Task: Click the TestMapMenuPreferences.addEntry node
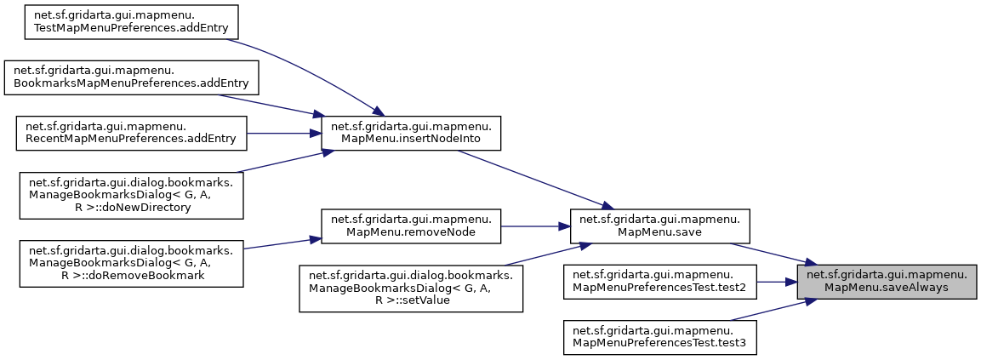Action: [120, 21]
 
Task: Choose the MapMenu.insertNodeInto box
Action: [409, 132]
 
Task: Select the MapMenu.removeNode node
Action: [409, 226]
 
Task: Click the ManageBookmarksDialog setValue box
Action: [409, 289]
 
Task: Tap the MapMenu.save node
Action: [659, 226]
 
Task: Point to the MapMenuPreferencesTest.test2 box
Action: [659, 282]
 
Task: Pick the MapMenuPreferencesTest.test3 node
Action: [659, 336]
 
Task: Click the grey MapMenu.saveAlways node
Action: [886, 282]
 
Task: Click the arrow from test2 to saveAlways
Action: [774, 282]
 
